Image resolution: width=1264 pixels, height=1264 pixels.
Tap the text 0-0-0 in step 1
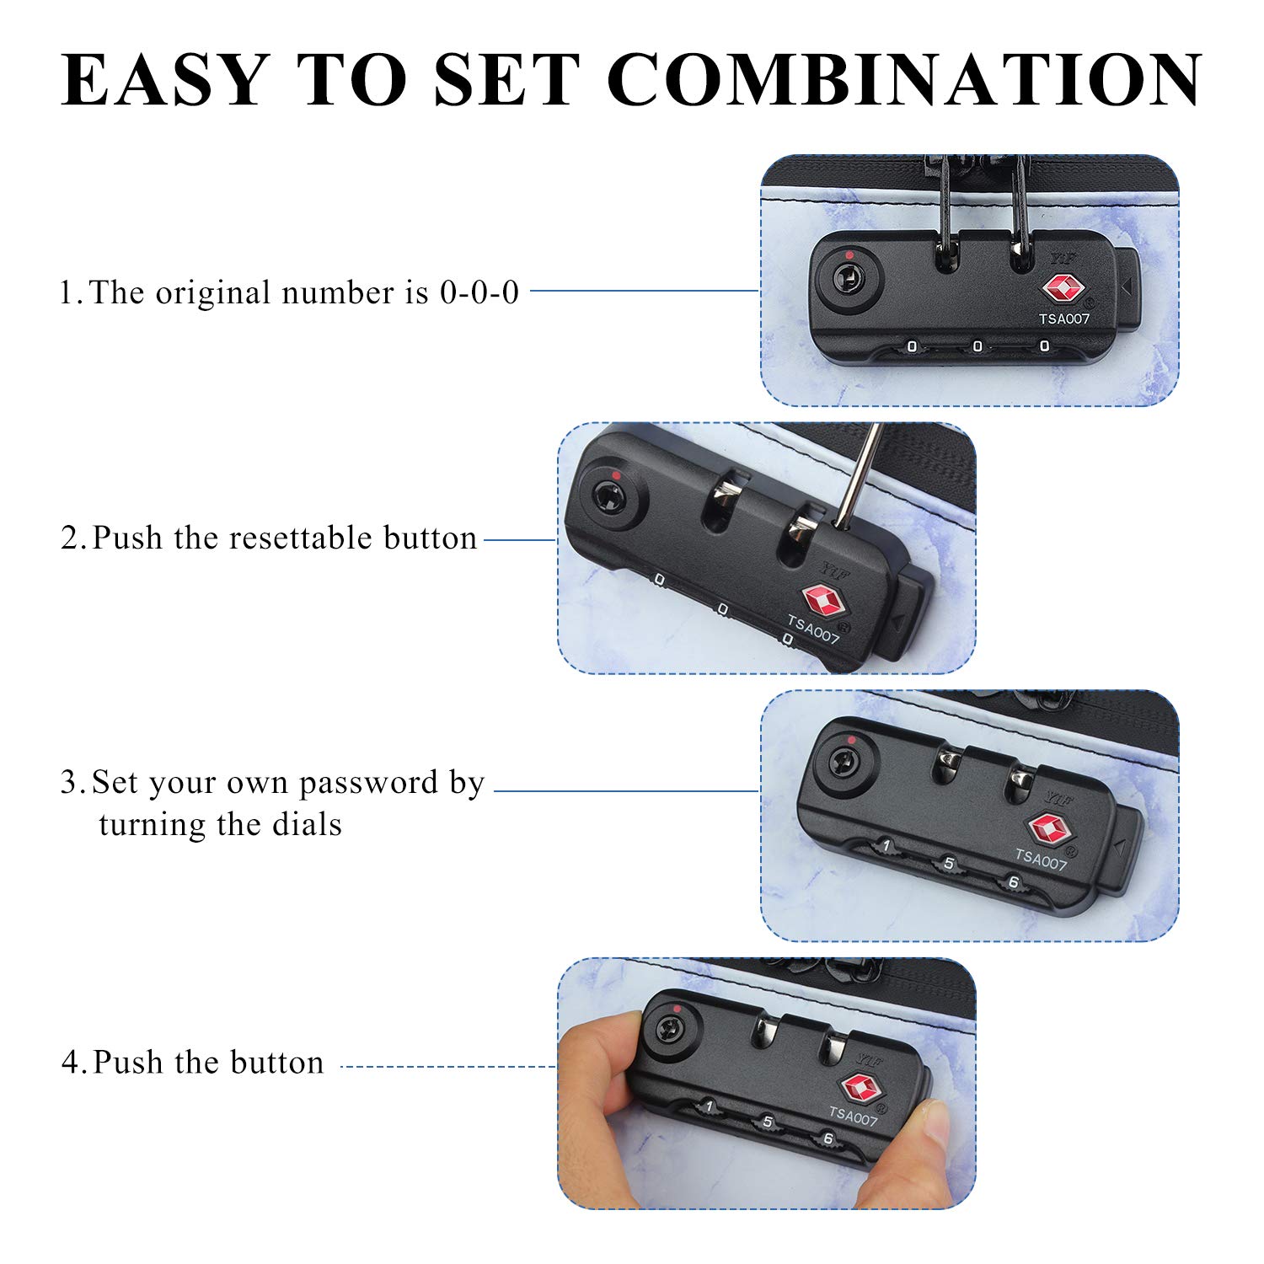click(x=479, y=292)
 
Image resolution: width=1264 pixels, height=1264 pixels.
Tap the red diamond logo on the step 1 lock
click(x=1063, y=289)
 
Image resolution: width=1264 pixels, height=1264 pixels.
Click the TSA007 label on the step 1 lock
click(x=1064, y=319)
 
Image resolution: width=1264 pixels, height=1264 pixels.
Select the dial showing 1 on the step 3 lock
click(x=886, y=845)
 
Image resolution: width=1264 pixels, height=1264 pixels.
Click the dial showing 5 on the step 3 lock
click(x=949, y=864)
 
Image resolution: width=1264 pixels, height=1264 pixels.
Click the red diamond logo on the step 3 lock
click(x=1047, y=829)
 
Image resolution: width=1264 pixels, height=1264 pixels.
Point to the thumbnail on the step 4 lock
click(x=934, y=1121)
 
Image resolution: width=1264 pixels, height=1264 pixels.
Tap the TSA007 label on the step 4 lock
click(x=854, y=1117)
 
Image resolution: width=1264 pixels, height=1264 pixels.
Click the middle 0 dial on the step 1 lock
click(x=977, y=346)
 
